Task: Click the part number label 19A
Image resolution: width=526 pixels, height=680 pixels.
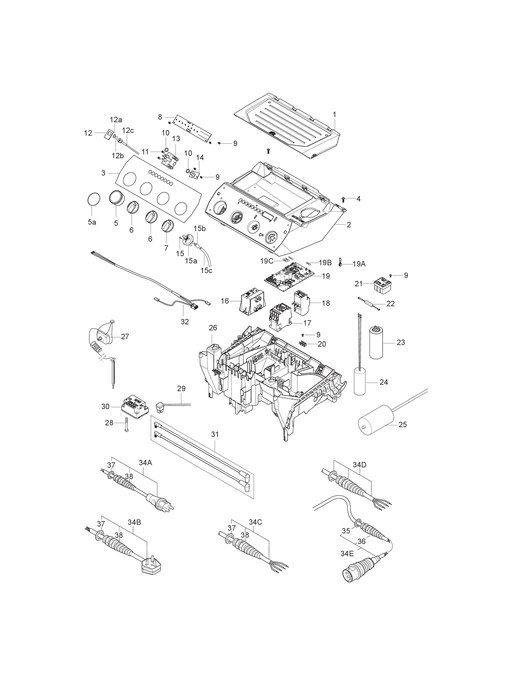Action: [359, 264]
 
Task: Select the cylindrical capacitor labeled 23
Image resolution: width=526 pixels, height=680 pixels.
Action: [378, 342]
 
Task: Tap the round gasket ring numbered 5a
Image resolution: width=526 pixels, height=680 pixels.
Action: [93, 199]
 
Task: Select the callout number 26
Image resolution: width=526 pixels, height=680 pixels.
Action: [213, 328]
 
